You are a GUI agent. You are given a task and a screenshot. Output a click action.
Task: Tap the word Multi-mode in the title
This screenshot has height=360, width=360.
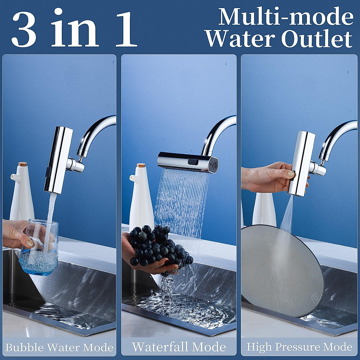[x=285, y=17]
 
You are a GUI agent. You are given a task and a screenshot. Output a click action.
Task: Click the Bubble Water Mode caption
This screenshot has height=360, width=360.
[x=59, y=347]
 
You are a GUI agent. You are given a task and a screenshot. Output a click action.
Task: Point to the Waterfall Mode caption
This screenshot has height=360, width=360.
[x=179, y=347]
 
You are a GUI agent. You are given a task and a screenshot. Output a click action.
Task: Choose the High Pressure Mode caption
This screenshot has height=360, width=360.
[x=299, y=347]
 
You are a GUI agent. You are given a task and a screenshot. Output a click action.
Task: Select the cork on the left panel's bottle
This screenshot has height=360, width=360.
[x=22, y=164]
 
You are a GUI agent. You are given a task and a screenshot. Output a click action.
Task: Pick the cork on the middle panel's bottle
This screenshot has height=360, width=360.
[x=141, y=165]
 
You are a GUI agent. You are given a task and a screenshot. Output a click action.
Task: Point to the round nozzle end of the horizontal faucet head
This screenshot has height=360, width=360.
[x=214, y=165]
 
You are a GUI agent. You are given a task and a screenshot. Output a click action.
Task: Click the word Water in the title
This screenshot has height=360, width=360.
[x=240, y=39]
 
